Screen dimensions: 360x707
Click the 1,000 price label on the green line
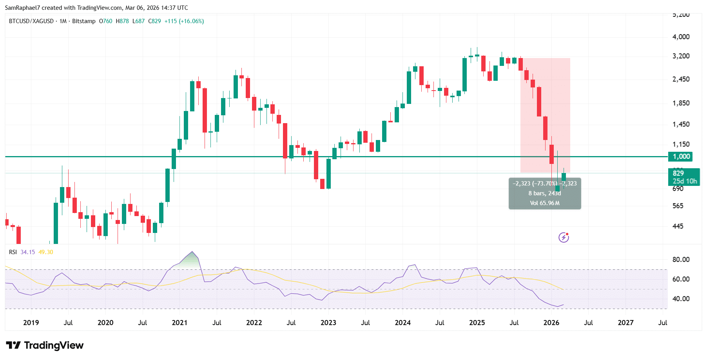[x=681, y=156]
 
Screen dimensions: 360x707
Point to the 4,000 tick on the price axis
[x=681, y=37]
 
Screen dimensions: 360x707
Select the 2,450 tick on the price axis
[x=681, y=79]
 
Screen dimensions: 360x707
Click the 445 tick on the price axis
[x=678, y=226]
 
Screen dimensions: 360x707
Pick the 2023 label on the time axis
[x=328, y=323]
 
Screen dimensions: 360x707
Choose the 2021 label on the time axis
[x=179, y=323]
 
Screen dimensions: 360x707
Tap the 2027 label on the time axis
[x=625, y=323]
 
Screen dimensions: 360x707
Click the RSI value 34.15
[x=27, y=252]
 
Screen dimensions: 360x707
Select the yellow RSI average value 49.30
[x=45, y=252]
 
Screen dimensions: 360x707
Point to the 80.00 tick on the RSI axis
[x=681, y=260]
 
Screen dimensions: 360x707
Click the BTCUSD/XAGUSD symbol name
[x=31, y=21]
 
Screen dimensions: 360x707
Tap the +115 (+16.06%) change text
[x=184, y=21]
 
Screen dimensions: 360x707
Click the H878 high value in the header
[x=122, y=21]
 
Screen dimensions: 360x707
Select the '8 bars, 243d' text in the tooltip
[x=544, y=193]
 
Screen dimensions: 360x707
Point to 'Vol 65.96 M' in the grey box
[x=544, y=203]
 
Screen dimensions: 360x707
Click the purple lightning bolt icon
[x=564, y=237]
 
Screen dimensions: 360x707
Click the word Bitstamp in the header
[x=84, y=21]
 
